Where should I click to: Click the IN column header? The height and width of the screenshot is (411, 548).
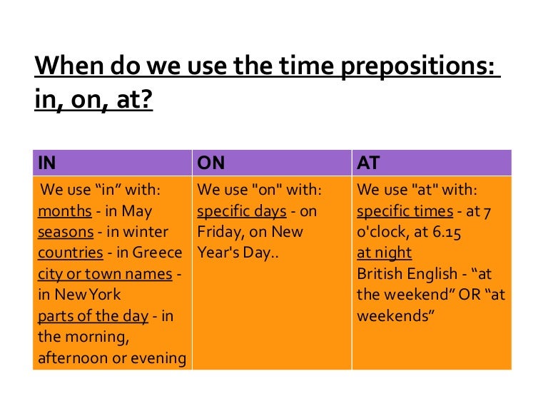tap(47, 163)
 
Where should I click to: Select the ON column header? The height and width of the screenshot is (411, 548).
tap(210, 163)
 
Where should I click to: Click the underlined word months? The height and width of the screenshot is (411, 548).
tap(64, 211)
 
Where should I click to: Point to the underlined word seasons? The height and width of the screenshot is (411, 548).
tap(66, 232)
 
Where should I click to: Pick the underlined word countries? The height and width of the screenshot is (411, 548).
tap(71, 253)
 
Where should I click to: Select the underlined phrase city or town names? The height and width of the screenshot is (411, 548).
tap(105, 273)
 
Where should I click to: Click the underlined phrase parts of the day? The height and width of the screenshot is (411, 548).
tap(93, 315)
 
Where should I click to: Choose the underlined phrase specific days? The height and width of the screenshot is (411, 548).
tap(240, 211)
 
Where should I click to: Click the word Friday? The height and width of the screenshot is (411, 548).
tap(218, 232)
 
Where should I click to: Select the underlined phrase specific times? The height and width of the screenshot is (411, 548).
tap(405, 211)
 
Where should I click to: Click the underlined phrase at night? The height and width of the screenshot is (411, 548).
tap(384, 253)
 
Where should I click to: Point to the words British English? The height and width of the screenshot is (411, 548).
tap(403, 273)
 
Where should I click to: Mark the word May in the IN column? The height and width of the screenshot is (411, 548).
tap(138, 211)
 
